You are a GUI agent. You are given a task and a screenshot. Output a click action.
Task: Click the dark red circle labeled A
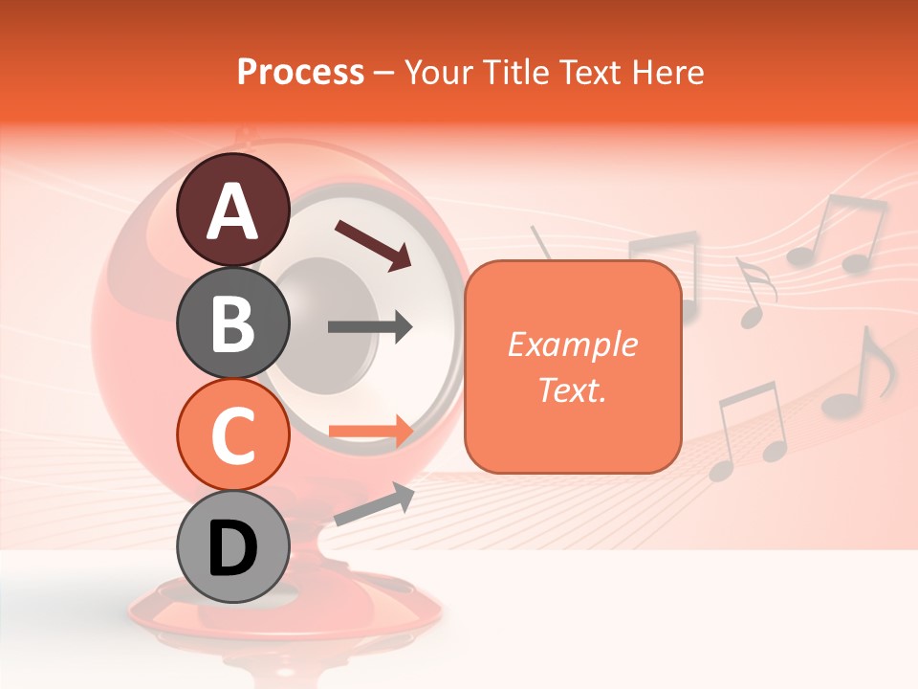pos(232,210)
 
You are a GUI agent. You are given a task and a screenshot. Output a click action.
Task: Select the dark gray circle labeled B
pos(232,322)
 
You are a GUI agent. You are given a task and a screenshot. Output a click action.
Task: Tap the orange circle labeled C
pos(232,435)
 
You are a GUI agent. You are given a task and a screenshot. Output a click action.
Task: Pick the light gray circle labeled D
pos(232,548)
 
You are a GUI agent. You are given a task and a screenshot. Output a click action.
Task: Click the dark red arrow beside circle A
pos(373,244)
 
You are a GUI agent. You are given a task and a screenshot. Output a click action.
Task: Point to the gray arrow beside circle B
pos(370,326)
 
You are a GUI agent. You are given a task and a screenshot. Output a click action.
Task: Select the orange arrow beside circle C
pos(370,432)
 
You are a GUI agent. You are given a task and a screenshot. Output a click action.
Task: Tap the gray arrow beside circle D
pos(374,504)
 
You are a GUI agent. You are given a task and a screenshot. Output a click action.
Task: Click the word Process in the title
pos(300,72)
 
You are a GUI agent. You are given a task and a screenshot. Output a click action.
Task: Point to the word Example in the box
pos(572,344)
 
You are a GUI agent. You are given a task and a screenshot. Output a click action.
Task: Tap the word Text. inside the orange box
pos(572,389)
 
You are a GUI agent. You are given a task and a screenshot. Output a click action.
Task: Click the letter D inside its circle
pos(232,550)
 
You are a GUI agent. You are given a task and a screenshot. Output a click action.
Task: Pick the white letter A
pos(232,211)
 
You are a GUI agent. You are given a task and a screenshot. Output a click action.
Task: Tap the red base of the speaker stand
pos(287,612)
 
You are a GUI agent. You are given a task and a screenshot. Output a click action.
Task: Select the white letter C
pos(232,436)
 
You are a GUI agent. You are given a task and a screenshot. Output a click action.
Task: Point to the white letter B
pos(232,323)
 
